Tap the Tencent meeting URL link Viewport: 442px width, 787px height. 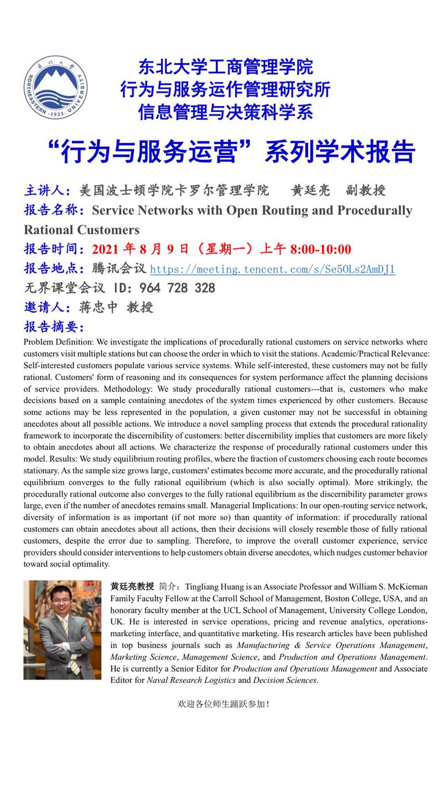272,270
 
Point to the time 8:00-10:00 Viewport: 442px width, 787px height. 321,250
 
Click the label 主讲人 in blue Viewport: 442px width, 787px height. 44,191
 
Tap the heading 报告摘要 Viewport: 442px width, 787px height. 54,326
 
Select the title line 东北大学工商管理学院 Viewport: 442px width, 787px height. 226,67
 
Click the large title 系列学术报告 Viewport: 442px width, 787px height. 340,152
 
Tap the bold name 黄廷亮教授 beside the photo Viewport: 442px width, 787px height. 132,586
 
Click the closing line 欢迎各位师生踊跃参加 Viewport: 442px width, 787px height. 223,703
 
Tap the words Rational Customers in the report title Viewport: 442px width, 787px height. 81,229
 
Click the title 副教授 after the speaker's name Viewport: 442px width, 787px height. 366,191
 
